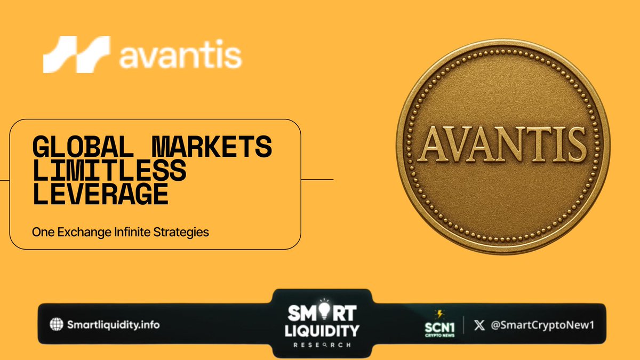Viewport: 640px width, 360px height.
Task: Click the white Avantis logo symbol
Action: [76, 54]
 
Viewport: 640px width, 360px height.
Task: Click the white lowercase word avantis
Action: [180, 56]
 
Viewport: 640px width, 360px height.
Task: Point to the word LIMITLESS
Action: [109, 171]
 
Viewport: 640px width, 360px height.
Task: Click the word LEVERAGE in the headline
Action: [101, 195]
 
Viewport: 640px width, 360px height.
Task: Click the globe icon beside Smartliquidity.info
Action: [55, 324]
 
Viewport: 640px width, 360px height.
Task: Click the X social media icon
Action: [479, 324]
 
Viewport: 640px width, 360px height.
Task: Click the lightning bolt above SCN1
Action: [439, 313]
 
